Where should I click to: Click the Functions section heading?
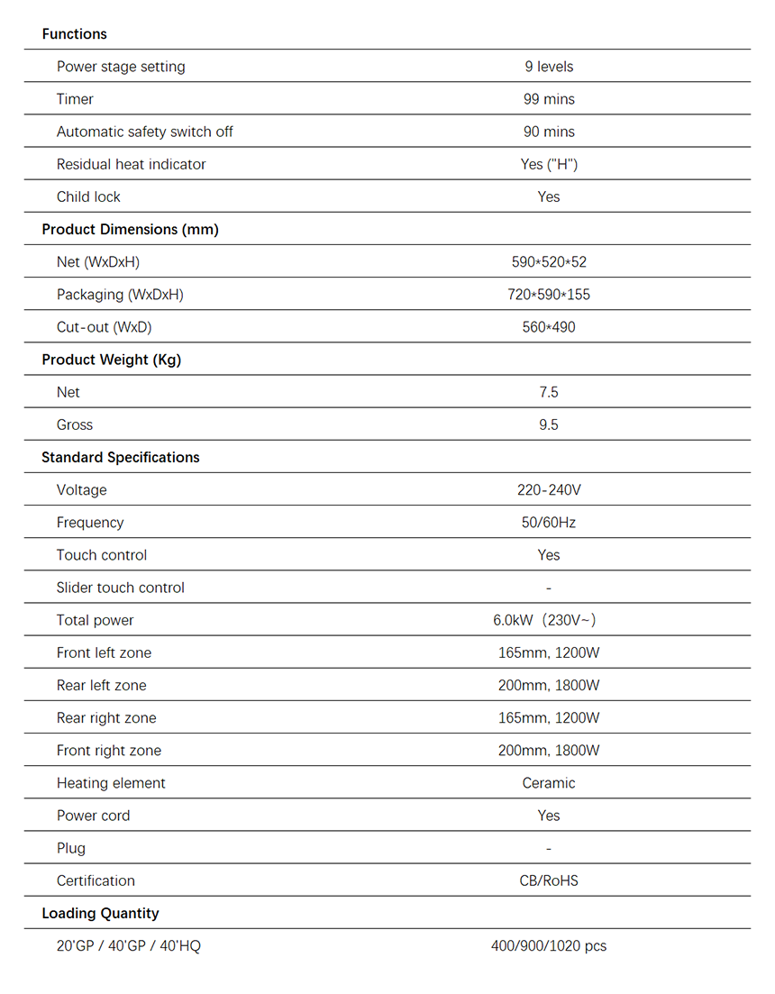[74, 34]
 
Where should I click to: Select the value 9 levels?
[548, 67]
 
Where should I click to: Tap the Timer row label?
[75, 99]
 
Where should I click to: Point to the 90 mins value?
[548, 132]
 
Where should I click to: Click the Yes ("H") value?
[548, 164]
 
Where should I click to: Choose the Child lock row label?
[88, 196]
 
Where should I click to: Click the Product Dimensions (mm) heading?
[130, 229]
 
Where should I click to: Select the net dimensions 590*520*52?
[548, 262]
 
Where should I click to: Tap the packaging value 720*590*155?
[548, 295]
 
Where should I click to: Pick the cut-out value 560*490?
[548, 327]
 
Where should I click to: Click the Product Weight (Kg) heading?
[111, 360]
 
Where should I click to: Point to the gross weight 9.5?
[548, 424]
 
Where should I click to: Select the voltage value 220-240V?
[548, 490]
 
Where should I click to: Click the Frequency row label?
[90, 523]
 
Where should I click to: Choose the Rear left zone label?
[101, 685]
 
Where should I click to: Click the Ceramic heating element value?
[548, 783]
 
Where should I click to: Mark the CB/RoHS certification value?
[548, 880]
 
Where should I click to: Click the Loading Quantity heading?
[100, 913]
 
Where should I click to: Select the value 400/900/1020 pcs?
[548, 946]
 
